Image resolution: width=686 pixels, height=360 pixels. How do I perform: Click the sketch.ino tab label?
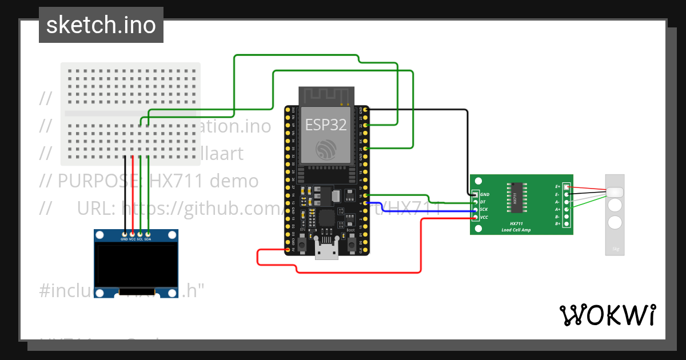click(101, 25)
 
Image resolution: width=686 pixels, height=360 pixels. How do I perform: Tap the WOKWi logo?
click(607, 315)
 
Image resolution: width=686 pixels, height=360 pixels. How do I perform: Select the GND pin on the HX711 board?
click(475, 194)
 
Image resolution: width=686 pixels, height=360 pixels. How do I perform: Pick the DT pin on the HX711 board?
click(475, 202)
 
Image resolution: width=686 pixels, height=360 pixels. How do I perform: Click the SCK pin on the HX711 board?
click(475, 210)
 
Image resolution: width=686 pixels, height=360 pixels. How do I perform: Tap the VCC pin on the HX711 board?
click(475, 217)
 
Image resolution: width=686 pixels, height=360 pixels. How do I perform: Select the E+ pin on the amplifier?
click(567, 187)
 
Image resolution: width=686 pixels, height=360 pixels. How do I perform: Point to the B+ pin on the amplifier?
click(567, 224)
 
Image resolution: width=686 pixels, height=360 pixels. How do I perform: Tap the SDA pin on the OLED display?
click(147, 234)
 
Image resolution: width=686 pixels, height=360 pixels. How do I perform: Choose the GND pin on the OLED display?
click(125, 234)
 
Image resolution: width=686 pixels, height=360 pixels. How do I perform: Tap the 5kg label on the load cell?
click(615, 249)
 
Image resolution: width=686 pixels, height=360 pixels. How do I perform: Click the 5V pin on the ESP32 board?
click(288, 250)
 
